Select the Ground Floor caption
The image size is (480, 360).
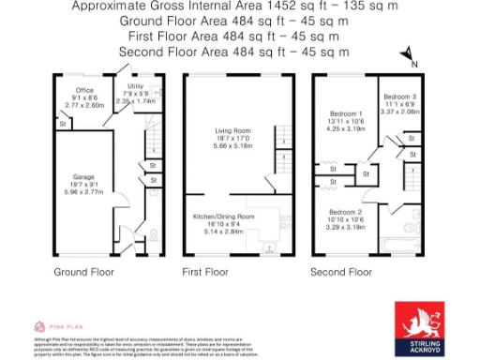[x=84, y=272]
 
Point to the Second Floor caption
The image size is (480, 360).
[x=341, y=272]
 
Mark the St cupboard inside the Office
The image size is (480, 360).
[x=62, y=123]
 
